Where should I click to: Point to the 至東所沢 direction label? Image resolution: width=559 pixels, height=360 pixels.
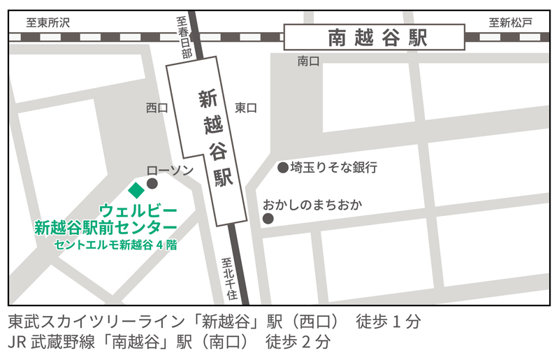tap(48, 22)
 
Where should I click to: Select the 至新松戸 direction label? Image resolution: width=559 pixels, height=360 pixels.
tap(510, 22)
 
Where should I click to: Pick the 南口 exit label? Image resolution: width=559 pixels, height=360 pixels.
tap(308, 62)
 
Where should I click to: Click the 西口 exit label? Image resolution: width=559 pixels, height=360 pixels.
tap(157, 108)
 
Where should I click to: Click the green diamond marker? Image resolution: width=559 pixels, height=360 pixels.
tap(136, 189)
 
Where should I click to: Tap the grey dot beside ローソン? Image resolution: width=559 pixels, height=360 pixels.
tap(152, 184)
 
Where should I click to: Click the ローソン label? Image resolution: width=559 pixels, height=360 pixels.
tap(170, 170)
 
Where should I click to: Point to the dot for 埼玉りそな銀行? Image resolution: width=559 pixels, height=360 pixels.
tap(282, 168)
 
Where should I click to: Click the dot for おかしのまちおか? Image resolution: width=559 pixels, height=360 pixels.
tap(268, 219)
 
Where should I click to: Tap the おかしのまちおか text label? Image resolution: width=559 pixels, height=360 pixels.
tap(312, 205)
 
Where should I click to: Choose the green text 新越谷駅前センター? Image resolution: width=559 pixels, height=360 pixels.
tap(106, 227)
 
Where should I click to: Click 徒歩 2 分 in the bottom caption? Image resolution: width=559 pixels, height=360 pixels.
tap(297, 343)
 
